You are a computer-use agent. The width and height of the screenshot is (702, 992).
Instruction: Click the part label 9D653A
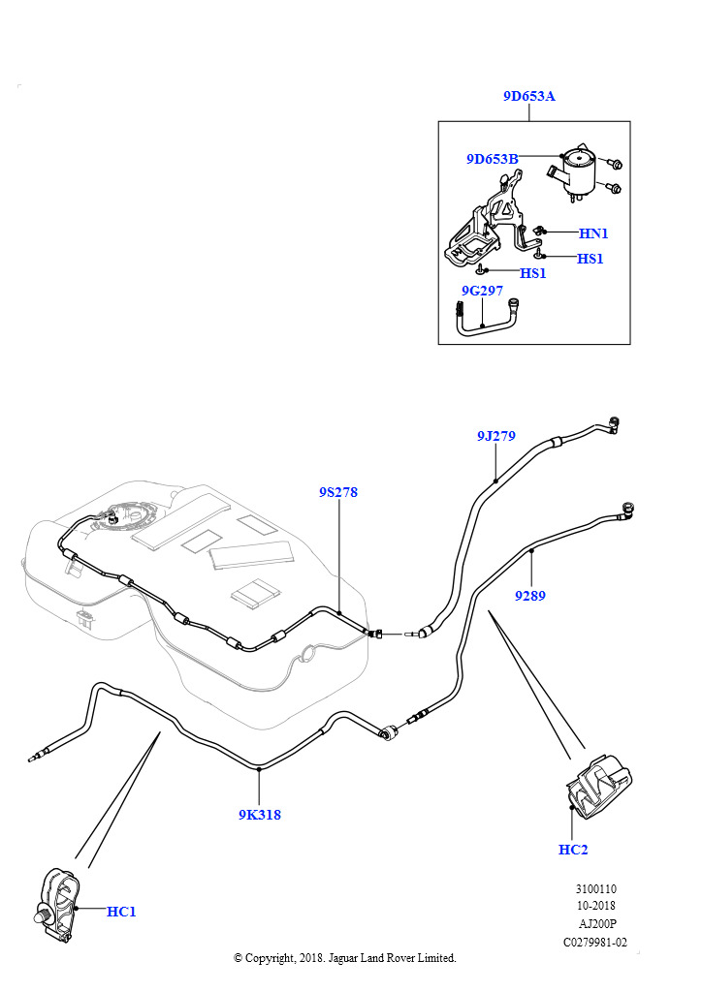[528, 96]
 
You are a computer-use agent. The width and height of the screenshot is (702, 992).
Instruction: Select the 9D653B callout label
[492, 159]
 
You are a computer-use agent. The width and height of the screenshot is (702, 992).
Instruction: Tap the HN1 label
[593, 233]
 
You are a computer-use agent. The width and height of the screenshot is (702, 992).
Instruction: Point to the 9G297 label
[482, 290]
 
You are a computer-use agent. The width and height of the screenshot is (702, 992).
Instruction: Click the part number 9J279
[495, 436]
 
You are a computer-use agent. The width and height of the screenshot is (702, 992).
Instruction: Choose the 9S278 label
[338, 492]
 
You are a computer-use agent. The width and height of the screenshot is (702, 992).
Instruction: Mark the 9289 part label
[529, 596]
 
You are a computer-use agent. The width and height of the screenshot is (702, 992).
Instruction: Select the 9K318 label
[260, 815]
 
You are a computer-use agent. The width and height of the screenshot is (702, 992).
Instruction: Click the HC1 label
[121, 912]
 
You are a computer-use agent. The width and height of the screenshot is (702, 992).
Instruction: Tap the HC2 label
[573, 850]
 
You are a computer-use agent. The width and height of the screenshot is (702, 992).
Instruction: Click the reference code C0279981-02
[595, 942]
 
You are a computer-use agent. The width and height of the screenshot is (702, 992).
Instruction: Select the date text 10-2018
[595, 907]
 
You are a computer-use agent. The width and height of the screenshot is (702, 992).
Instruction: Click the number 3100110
[595, 889]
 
